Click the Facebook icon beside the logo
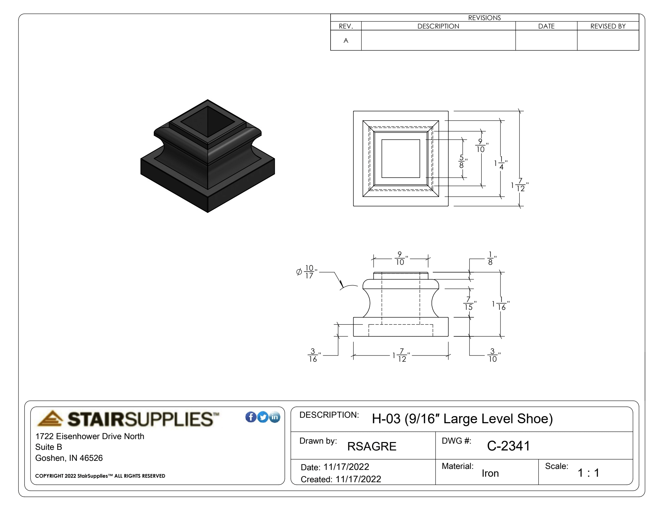(x=251, y=417)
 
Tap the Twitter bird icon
(x=263, y=417)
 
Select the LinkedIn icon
(x=275, y=417)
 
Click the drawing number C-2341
(x=508, y=446)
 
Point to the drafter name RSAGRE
(x=372, y=446)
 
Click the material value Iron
(x=490, y=473)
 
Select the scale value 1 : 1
(x=588, y=473)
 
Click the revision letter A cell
(x=346, y=41)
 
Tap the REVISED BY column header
(x=608, y=26)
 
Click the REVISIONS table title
(x=484, y=18)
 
